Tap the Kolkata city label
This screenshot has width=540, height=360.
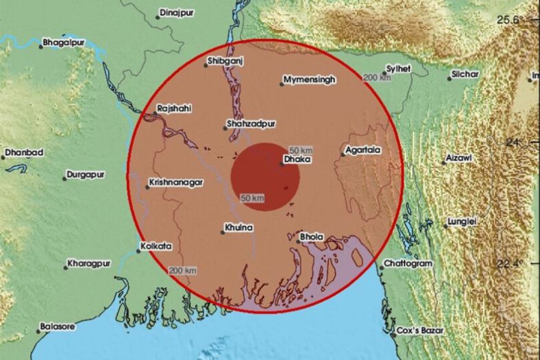[156, 246]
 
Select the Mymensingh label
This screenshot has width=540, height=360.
[310, 80]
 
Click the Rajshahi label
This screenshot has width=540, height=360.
[174, 108]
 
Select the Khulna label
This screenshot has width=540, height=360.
[238, 228]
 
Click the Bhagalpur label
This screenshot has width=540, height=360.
[63, 43]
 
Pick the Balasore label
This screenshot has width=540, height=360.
[57, 326]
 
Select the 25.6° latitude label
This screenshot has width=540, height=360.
[511, 19]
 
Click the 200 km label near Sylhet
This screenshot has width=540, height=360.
[377, 78]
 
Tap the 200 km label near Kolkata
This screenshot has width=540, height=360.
[183, 269]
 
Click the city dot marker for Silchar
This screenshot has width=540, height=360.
[450, 78]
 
